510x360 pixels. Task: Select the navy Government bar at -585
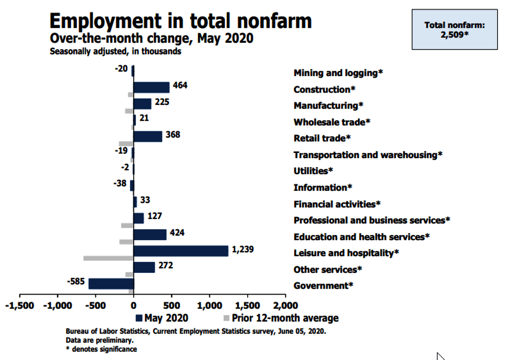(x=111, y=284)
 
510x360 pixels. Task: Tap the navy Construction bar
(x=151, y=87)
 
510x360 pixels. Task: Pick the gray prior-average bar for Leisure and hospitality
(x=108, y=258)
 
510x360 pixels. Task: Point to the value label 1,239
(x=243, y=249)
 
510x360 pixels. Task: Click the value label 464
(x=180, y=85)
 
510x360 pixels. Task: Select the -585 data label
(x=76, y=282)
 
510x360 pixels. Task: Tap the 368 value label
(x=173, y=134)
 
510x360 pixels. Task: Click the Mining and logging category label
(x=338, y=73)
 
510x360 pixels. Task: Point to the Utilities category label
(x=313, y=171)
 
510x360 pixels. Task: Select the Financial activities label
(x=337, y=204)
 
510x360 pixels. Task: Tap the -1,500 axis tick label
(x=19, y=306)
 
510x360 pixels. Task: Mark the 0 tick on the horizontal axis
(x=133, y=306)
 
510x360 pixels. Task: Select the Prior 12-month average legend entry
(x=280, y=318)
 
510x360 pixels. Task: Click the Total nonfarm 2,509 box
(x=454, y=29)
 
